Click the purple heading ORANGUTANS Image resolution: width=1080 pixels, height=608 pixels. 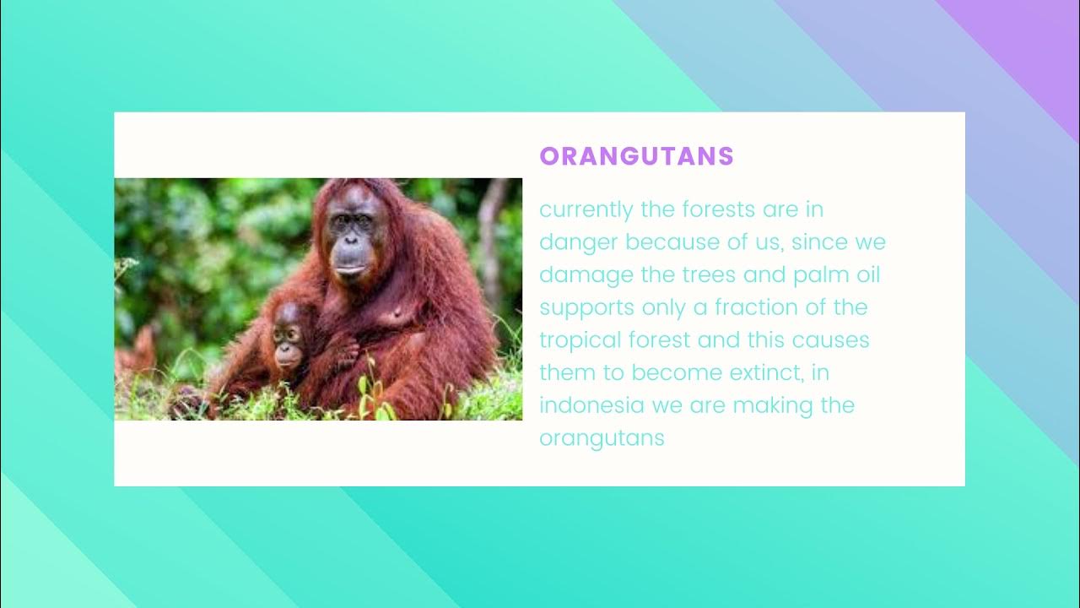click(x=637, y=156)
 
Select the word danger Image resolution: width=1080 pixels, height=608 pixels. click(x=579, y=242)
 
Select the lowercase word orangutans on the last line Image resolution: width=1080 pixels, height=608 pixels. click(x=602, y=438)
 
